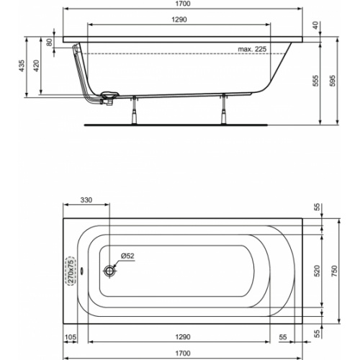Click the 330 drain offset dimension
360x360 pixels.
coord(86,199)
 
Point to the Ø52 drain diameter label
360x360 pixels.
coord(127,256)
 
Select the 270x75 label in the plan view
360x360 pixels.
coord(71,271)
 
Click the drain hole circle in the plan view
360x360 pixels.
coord(110,271)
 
